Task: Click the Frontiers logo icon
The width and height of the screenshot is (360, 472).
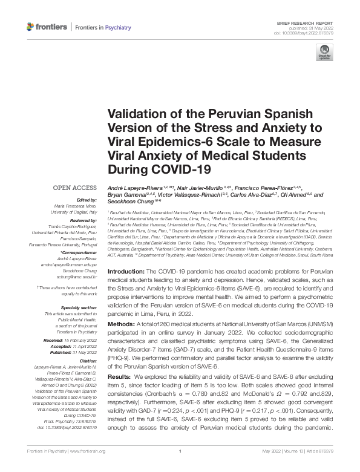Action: (x=31, y=27)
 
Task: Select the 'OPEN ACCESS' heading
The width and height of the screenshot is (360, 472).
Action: (x=74, y=188)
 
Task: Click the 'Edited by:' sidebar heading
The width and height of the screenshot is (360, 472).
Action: (x=85, y=200)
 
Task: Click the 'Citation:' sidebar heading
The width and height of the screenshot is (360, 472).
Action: (x=87, y=361)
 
